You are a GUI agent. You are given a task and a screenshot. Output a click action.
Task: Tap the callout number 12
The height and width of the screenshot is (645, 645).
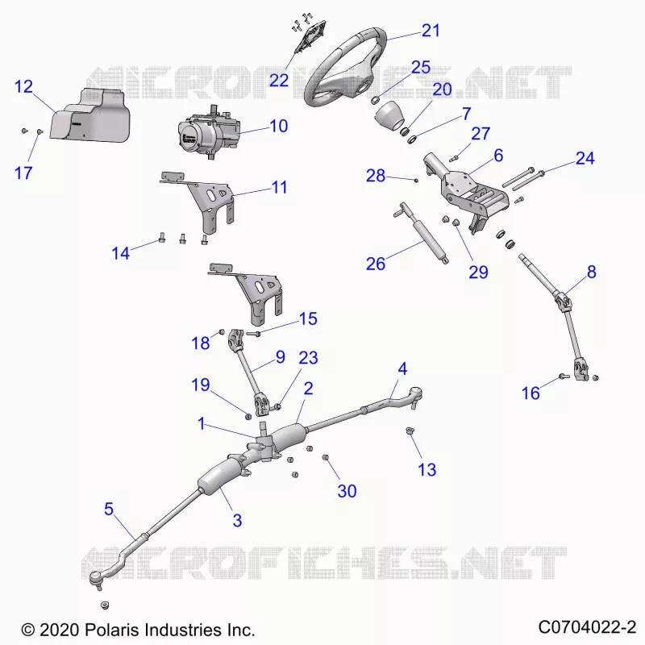click(23, 87)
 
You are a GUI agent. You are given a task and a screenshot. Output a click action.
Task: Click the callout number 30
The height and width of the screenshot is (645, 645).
click(347, 491)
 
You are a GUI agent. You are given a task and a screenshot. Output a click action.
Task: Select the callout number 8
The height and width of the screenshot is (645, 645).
click(592, 272)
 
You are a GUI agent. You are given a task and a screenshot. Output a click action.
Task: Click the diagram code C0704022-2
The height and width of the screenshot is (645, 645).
click(588, 628)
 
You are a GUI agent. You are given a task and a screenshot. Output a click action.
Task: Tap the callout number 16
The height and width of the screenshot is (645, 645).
click(531, 393)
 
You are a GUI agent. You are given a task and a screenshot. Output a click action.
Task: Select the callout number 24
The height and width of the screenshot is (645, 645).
click(585, 158)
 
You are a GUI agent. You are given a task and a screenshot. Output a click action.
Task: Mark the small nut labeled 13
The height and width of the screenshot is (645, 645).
click(410, 431)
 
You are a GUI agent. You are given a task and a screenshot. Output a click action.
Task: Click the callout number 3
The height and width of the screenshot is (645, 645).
click(237, 520)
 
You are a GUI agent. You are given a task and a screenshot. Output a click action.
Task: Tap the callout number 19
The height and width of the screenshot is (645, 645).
click(201, 385)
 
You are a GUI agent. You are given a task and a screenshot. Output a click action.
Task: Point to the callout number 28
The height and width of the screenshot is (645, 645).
click(376, 176)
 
